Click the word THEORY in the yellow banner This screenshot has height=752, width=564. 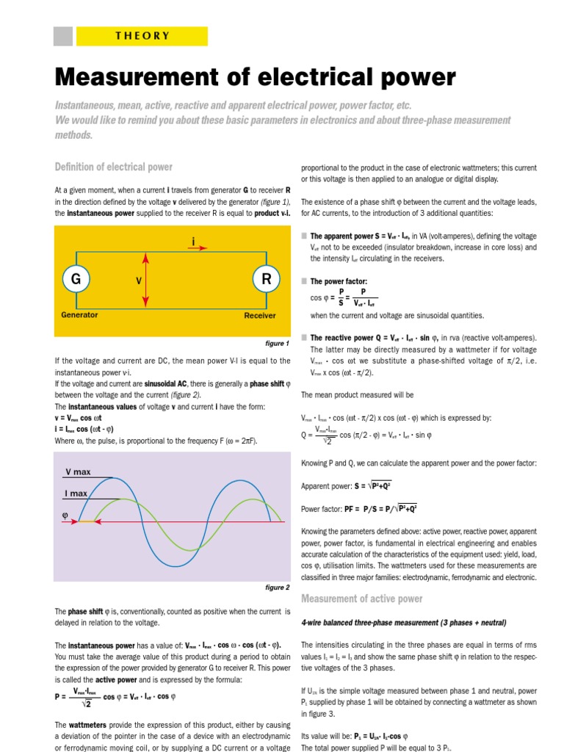[x=142, y=36]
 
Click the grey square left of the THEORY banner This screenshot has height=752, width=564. [x=64, y=36]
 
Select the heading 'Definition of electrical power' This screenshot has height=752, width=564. [x=114, y=167]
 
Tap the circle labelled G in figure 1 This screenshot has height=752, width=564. [x=75, y=279]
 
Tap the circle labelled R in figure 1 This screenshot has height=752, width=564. [x=267, y=279]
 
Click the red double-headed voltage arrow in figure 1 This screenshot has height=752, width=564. [x=147, y=280]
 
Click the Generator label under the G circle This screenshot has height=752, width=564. [x=79, y=315]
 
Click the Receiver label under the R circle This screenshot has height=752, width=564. [x=260, y=316]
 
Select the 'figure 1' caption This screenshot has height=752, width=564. [x=277, y=343]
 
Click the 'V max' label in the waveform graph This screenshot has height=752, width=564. [x=78, y=472]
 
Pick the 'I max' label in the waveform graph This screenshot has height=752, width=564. [x=76, y=493]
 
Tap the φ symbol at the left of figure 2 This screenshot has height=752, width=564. [x=64, y=516]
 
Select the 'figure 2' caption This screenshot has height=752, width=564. [x=277, y=587]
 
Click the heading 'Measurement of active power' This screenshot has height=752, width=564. [x=361, y=599]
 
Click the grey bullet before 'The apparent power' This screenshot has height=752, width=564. [x=304, y=236]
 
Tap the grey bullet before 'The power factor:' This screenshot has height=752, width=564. [x=304, y=281]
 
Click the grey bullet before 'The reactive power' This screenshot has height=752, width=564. [x=304, y=337]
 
